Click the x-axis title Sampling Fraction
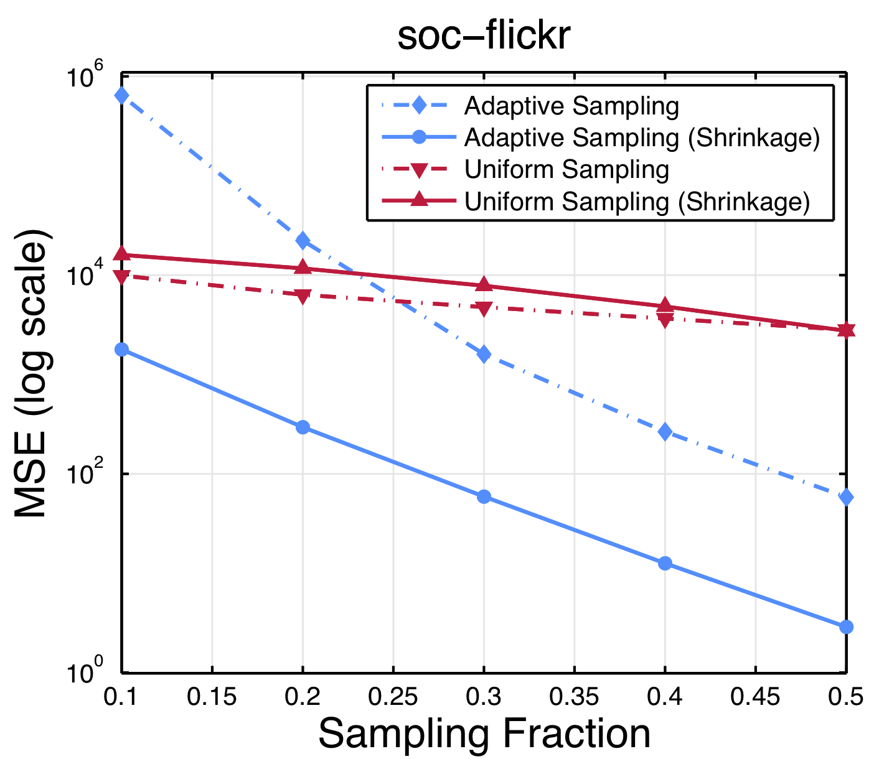(484, 733)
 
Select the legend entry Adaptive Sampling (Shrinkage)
(641, 137)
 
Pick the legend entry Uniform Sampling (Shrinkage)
(636, 202)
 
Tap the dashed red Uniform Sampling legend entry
(566, 169)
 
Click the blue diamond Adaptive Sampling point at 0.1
(121, 95)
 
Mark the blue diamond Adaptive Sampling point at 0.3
(484, 354)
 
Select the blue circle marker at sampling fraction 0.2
(303, 427)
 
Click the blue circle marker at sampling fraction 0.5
(846, 626)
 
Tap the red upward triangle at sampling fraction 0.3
(484, 285)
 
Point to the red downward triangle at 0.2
(303, 297)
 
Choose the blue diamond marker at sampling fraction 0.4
(665, 432)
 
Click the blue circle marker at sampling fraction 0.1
(121, 350)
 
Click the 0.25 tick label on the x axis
(393, 697)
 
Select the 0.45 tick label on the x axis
(755, 697)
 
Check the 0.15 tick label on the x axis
(212, 697)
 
